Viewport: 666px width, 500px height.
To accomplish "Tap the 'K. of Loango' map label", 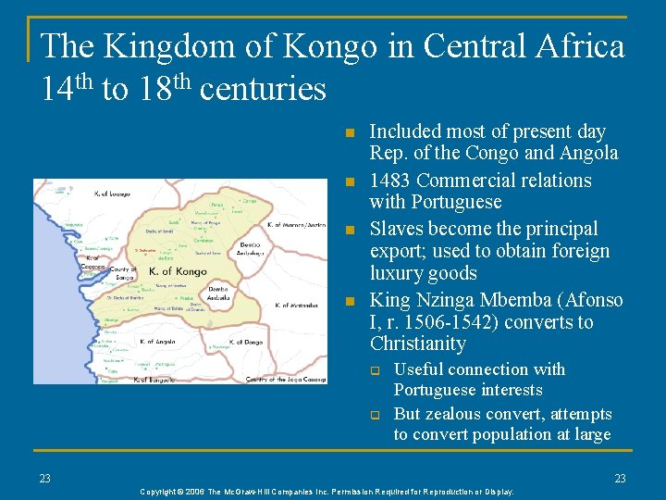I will tap(112, 194).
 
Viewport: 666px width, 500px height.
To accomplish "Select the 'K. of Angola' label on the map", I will tap(157, 342).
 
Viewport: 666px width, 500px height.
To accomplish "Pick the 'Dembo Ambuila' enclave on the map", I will tap(218, 293).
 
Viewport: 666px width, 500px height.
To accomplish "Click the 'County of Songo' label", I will tap(122, 273).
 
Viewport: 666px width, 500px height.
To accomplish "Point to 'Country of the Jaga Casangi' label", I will tap(286, 379).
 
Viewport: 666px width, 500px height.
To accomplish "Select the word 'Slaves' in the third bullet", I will tap(397, 229).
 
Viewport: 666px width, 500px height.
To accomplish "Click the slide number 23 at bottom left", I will tap(44, 479).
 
